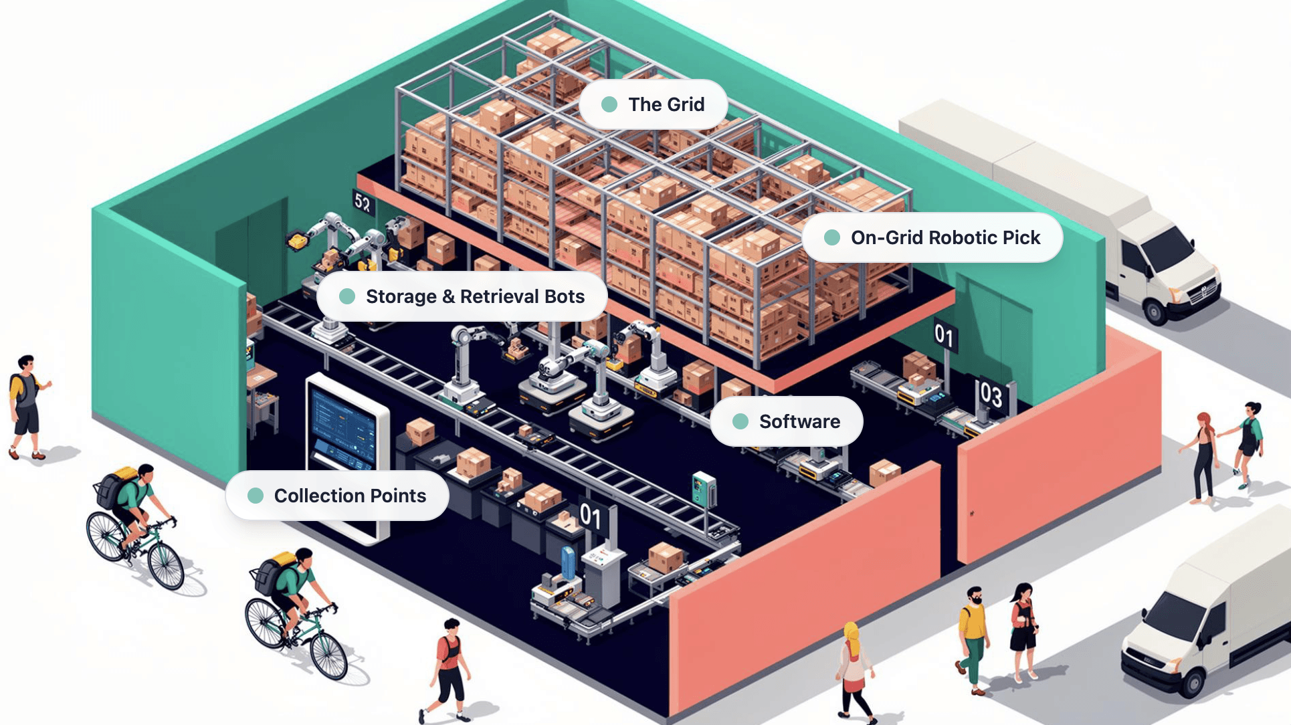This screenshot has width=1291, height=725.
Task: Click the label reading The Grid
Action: click(666, 104)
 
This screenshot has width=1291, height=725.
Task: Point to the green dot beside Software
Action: click(740, 421)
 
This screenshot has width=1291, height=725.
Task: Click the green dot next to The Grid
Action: click(609, 104)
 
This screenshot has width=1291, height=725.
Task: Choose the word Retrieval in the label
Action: click(499, 296)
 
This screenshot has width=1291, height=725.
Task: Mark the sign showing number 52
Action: click(363, 202)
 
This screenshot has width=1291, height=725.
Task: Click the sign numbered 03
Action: click(991, 395)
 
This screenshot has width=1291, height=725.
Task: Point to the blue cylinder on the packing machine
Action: click(568, 562)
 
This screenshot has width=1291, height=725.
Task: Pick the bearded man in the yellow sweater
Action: click(973, 635)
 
